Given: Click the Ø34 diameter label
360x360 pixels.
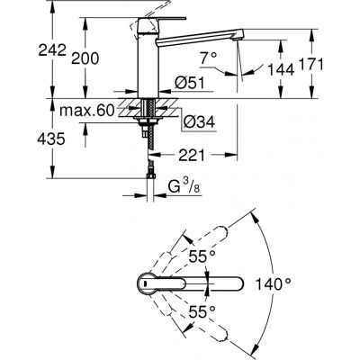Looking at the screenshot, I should [197, 121].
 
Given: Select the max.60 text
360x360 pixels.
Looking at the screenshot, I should [83, 108].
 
